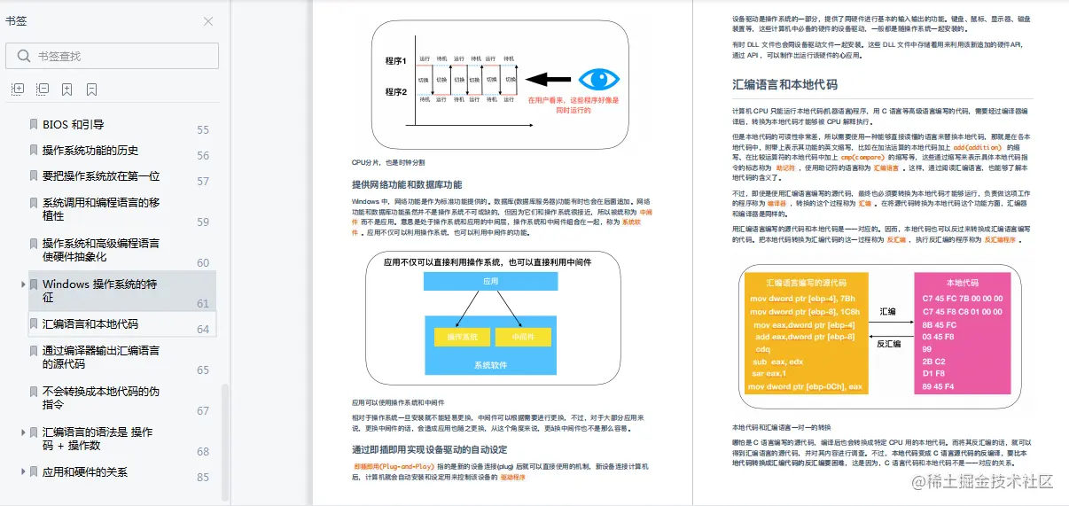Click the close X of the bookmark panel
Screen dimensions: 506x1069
pos(208,21)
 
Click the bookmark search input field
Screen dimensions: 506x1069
pos(124,56)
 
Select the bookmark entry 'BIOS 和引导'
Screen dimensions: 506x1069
pos(74,125)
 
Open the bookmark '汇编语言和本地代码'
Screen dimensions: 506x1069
pos(90,324)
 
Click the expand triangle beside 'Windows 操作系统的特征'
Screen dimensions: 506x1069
pos(23,284)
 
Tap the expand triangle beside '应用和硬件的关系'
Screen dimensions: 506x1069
pos(23,472)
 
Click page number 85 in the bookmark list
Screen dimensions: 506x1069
pos(203,478)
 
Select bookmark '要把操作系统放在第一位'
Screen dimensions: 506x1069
pos(101,175)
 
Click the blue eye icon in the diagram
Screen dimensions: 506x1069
pos(598,79)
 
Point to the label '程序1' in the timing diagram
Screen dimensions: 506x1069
pos(395,61)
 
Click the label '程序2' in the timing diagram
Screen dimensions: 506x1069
pos(395,92)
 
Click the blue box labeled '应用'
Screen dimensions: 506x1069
pos(490,281)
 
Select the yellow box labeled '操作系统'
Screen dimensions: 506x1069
pos(462,337)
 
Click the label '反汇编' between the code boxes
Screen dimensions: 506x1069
pos(888,344)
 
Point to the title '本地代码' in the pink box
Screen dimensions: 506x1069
pos(962,283)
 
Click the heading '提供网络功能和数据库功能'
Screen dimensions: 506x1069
pos(407,184)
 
